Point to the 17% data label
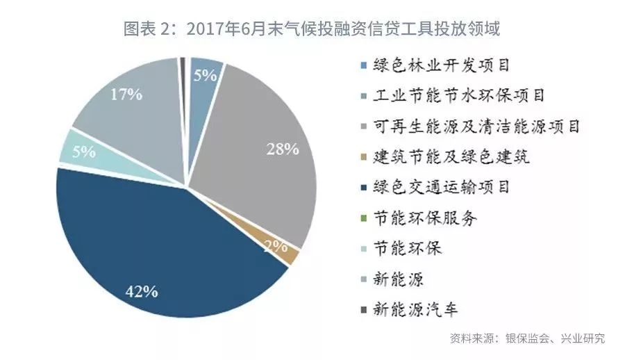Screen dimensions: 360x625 (x=126, y=95)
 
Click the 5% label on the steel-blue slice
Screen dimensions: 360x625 (x=206, y=76)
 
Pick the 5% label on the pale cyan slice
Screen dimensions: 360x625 (x=83, y=152)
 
